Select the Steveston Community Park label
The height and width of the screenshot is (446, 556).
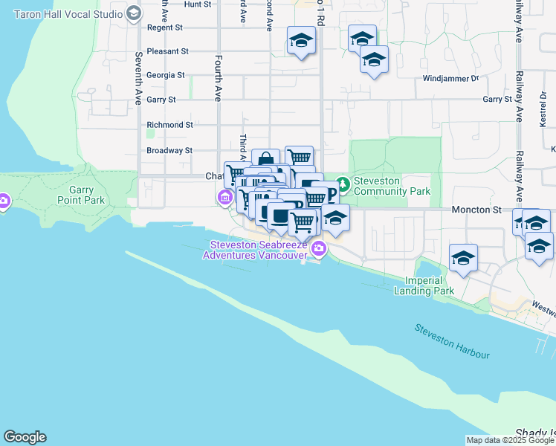point(392,186)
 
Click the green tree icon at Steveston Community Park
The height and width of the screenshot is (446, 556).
point(343,182)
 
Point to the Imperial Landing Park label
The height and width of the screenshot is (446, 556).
point(429,285)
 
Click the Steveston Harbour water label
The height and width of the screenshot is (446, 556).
point(452,341)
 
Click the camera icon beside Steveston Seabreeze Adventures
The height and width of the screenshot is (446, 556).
point(318,249)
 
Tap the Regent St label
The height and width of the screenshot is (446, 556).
point(165,28)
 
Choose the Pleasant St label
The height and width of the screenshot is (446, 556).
point(167,51)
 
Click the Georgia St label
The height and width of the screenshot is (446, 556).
point(166,75)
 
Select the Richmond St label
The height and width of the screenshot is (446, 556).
point(169,125)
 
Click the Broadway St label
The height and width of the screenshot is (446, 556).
point(169,150)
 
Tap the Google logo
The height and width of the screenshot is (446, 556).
point(25,437)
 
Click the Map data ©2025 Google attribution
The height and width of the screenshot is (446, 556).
point(509,440)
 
